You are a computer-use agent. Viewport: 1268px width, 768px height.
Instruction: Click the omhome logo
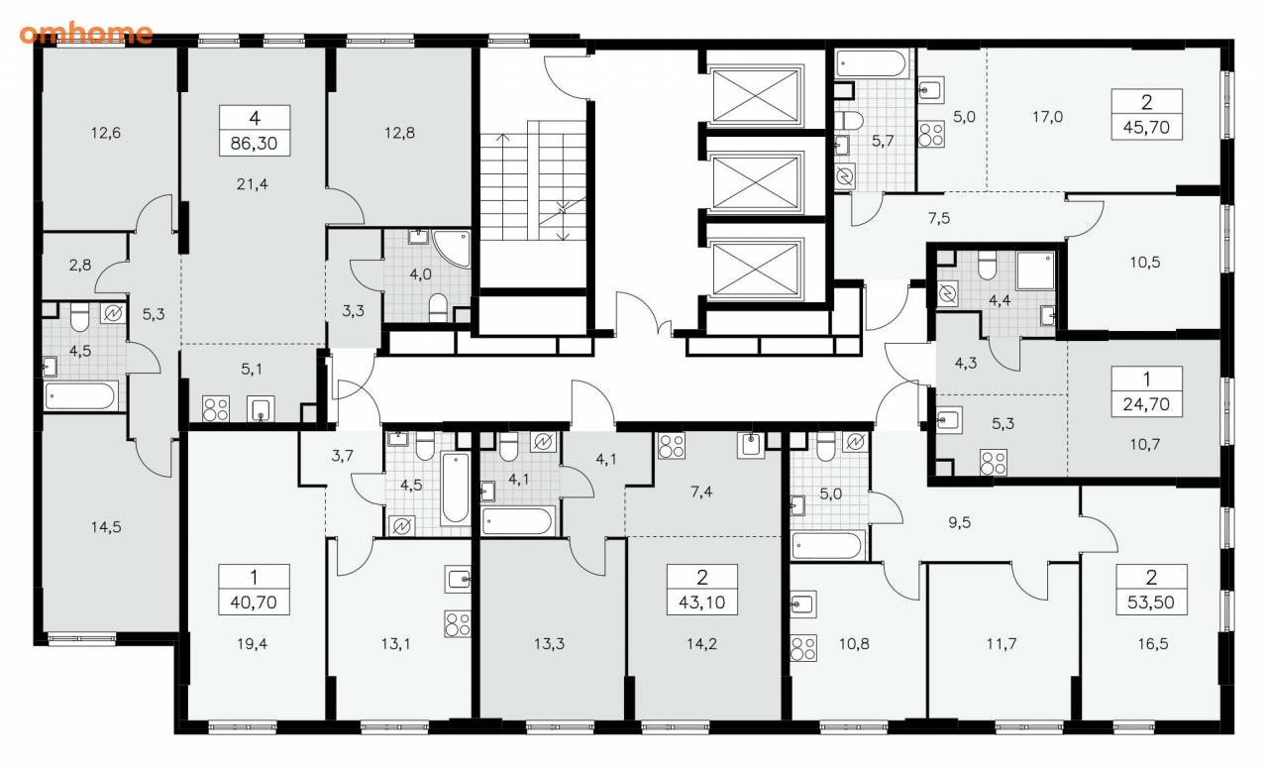[x=86, y=34]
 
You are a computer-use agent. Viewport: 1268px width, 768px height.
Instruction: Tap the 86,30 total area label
[x=255, y=144]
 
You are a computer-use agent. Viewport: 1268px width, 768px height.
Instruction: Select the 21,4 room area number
[x=253, y=184]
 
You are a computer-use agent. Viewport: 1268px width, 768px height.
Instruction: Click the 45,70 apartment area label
[x=1146, y=128]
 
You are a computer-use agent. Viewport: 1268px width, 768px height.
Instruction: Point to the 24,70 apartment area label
[x=1146, y=404]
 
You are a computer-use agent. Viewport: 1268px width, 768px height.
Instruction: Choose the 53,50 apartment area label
[x=1151, y=603]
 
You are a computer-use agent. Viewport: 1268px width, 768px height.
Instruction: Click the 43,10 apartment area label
[x=702, y=603]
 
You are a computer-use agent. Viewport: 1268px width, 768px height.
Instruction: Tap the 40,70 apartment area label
[x=254, y=603]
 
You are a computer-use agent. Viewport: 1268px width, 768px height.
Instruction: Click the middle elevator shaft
[x=756, y=181]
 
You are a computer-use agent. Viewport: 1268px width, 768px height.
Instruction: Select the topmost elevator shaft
[x=756, y=94]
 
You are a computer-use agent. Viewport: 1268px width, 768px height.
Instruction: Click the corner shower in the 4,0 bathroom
[x=454, y=249]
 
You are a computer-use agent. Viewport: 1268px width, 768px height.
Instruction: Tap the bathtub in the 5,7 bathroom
[x=873, y=64]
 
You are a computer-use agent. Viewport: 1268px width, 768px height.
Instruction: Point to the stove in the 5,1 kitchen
[x=216, y=408]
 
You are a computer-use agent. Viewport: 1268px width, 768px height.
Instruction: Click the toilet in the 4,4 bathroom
[x=988, y=266]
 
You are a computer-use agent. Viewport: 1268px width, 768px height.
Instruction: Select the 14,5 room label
[x=106, y=527]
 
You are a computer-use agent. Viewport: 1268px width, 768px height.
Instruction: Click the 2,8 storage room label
[x=80, y=265]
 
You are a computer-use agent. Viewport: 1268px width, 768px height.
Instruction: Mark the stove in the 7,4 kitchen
[x=672, y=445]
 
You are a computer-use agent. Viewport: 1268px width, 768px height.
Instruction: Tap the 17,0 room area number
[x=1047, y=117]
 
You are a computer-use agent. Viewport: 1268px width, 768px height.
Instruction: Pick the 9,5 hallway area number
[x=960, y=522]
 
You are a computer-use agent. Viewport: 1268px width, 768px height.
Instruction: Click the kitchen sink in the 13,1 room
[x=458, y=579]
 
